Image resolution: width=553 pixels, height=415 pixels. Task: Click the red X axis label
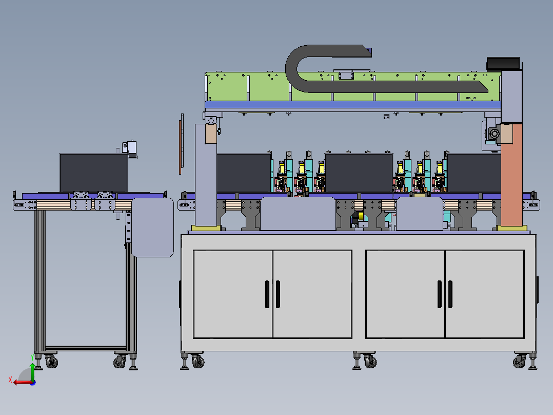click(x=10, y=380)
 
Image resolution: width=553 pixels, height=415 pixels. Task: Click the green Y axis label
click(x=32, y=357)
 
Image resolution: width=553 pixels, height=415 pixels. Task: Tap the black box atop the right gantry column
click(x=503, y=64)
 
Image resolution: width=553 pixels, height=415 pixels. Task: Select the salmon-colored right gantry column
click(x=511, y=175)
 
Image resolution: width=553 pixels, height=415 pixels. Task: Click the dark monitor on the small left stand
click(x=93, y=173)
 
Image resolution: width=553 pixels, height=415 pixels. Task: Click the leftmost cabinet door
click(x=233, y=294)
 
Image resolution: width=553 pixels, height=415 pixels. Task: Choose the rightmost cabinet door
click(x=485, y=294)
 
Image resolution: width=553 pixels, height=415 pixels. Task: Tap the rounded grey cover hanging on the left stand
click(x=152, y=228)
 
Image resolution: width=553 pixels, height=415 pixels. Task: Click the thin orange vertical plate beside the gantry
click(x=180, y=147)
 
